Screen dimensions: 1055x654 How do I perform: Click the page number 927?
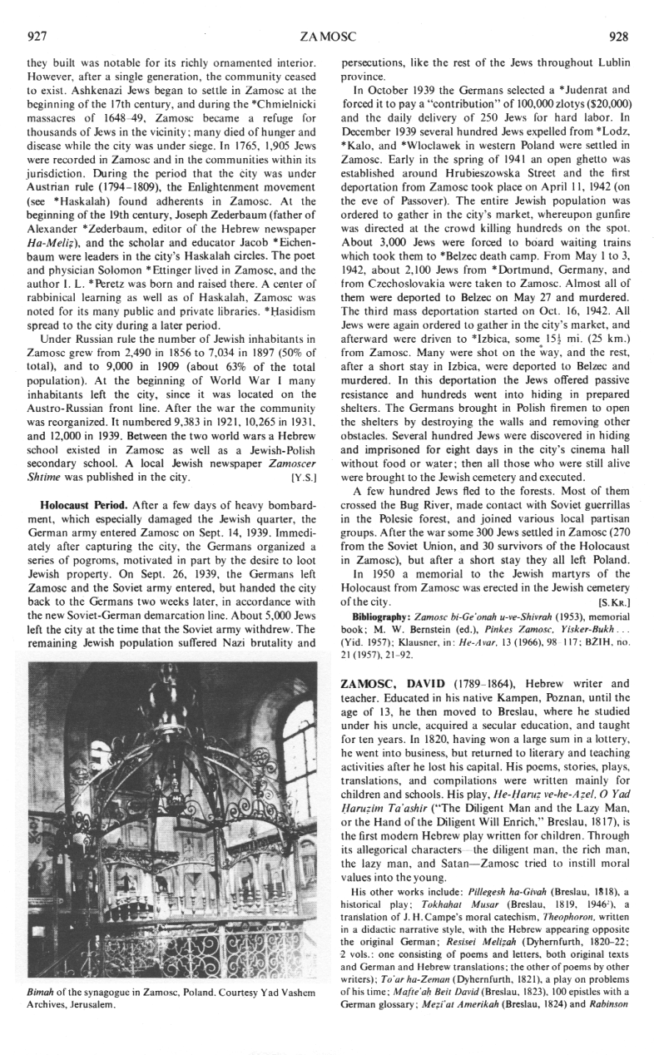37,37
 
